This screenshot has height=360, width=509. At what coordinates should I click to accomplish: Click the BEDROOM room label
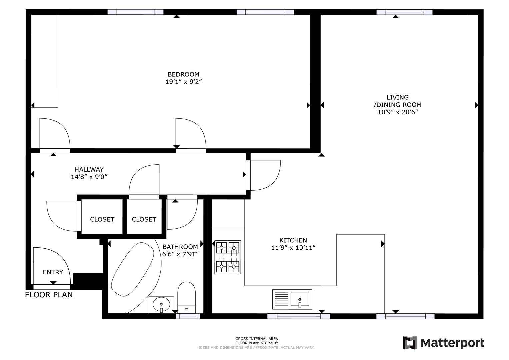pos(183,74)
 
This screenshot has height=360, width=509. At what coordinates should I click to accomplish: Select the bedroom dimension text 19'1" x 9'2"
pos(184,82)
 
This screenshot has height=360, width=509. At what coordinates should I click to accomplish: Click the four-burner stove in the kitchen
pos(228,257)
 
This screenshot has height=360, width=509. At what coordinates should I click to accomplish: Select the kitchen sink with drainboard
pos(292,299)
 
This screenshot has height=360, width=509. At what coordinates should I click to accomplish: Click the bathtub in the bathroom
pos(133,269)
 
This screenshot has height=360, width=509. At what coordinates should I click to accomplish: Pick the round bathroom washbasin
pos(161,304)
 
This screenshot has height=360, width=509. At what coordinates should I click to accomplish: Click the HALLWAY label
pos(89,169)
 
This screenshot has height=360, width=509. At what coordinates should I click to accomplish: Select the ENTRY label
pos(53,272)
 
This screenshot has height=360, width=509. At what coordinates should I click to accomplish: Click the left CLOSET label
pos(102,219)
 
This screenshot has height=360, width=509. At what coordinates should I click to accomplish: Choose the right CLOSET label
pos(144,219)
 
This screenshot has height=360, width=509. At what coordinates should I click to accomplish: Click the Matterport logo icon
pos(410,343)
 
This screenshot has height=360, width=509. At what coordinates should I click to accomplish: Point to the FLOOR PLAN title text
pos(49,295)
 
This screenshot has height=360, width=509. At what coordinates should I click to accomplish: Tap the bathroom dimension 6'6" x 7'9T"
pos(180,254)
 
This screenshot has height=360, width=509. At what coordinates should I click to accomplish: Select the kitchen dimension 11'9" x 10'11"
pos(293,248)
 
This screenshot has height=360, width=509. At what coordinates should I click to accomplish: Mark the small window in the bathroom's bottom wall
pos(187,316)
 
